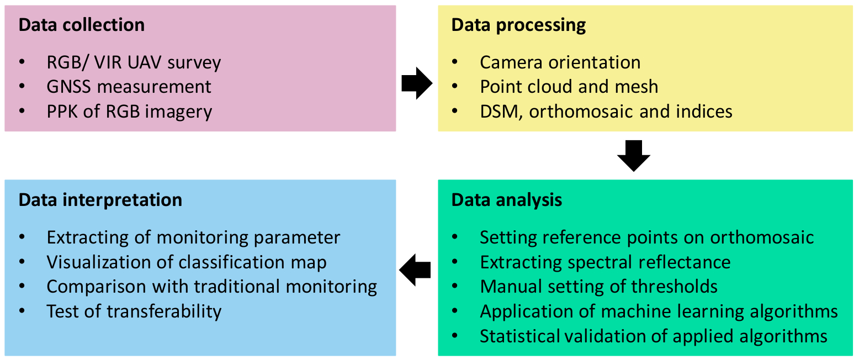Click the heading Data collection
(x=82, y=25)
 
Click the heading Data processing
(x=518, y=25)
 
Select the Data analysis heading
(x=507, y=200)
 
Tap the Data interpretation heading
(x=100, y=200)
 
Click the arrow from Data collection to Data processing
(x=417, y=83)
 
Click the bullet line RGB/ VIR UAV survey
(x=134, y=63)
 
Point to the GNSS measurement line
(x=129, y=87)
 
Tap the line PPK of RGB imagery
(x=129, y=112)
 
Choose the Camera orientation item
(x=560, y=63)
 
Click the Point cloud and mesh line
(x=569, y=87)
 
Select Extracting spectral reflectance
(x=605, y=262)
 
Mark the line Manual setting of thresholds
(x=598, y=287)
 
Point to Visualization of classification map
(x=187, y=262)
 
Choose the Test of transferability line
(x=134, y=311)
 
